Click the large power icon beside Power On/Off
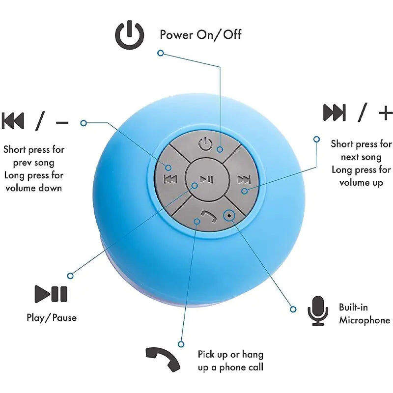click(x=129, y=36)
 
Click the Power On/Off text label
click(x=200, y=34)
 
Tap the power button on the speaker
click(x=206, y=145)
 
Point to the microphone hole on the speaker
click(x=229, y=215)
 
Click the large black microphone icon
click(x=317, y=310)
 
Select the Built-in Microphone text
click(x=364, y=314)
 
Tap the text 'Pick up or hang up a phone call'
click(x=230, y=361)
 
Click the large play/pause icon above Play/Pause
click(x=51, y=294)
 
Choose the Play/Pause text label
click(x=52, y=318)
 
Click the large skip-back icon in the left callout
click(x=13, y=121)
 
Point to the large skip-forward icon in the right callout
click(x=335, y=113)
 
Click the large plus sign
click(x=386, y=113)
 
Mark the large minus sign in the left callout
click(x=62, y=121)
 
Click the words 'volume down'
click(x=33, y=188)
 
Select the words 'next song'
click(x=361, y=157)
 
